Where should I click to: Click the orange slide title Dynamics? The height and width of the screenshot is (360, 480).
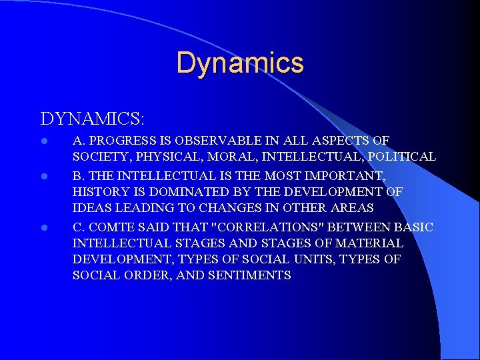point(240,63)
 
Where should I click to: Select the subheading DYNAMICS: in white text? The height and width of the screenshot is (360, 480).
point(93,119)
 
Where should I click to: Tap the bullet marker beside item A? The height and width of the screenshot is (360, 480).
point(44,141)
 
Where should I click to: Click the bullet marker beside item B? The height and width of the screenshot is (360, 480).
point(44,175)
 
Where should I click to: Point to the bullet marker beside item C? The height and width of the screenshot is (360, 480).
point(44,227)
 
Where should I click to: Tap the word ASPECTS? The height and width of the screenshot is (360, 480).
point(341,141)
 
